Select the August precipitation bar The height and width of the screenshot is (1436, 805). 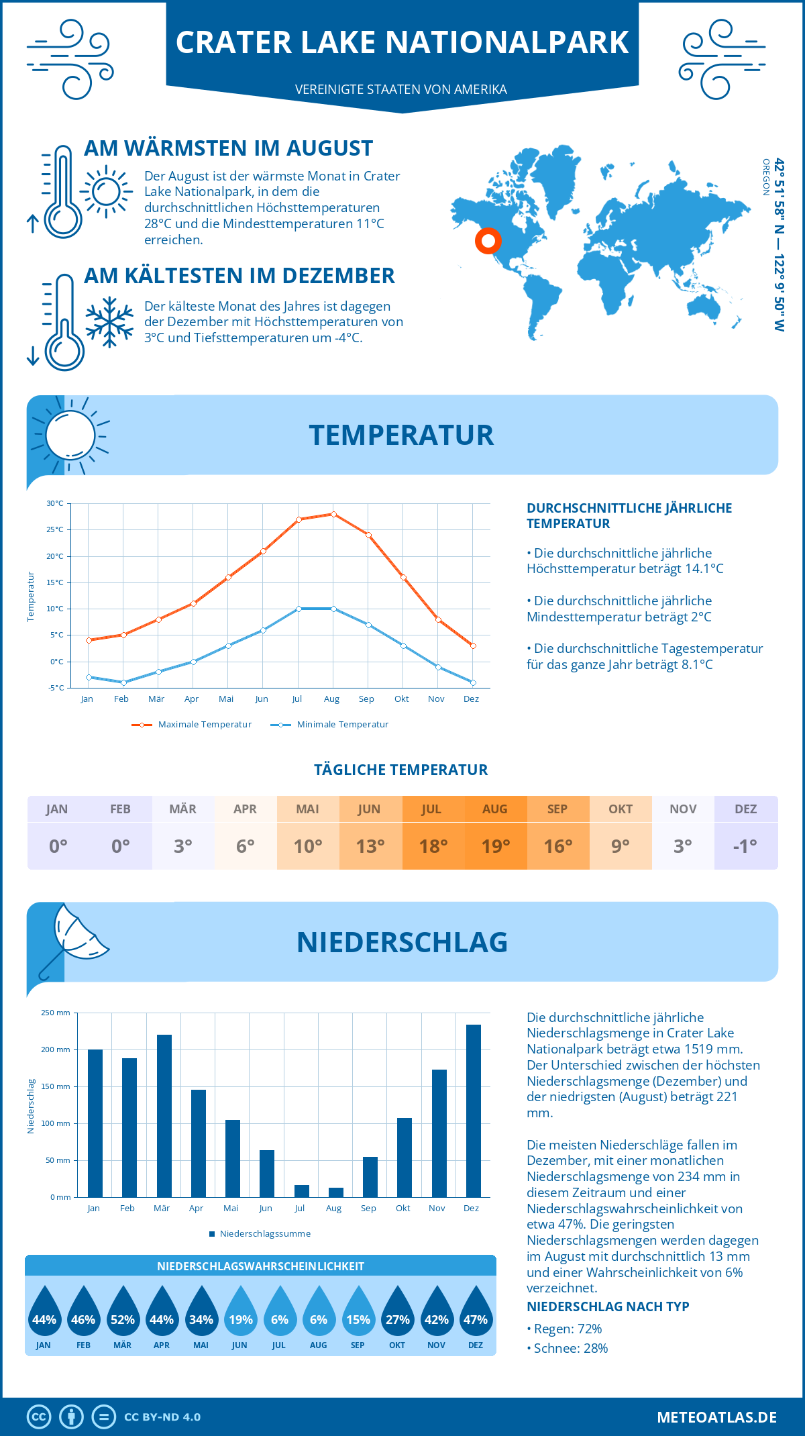(336, 1192)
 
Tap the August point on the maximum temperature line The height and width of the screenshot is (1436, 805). (333, 514)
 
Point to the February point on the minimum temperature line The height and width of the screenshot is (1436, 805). (123, 682)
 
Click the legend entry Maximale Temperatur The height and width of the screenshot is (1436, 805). (192, 725)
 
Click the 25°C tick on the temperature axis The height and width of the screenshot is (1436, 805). (55, 529)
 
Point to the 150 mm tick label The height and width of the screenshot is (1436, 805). (56, 1086)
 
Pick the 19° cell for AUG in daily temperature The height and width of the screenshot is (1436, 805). (496, 845)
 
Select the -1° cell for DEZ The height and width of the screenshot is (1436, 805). (745, 845)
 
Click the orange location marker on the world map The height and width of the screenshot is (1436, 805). (488, 240)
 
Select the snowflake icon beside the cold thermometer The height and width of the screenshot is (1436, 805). (109, 322)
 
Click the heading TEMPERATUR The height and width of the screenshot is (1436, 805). (401, 435)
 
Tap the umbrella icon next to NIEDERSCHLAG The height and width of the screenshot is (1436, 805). (74, 939)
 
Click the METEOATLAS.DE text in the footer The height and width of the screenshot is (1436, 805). (716, 1417)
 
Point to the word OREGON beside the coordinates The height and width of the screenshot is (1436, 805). (765, 177)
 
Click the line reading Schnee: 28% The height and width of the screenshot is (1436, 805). (570, 1348)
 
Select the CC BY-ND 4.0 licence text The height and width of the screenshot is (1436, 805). (162, 1417)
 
